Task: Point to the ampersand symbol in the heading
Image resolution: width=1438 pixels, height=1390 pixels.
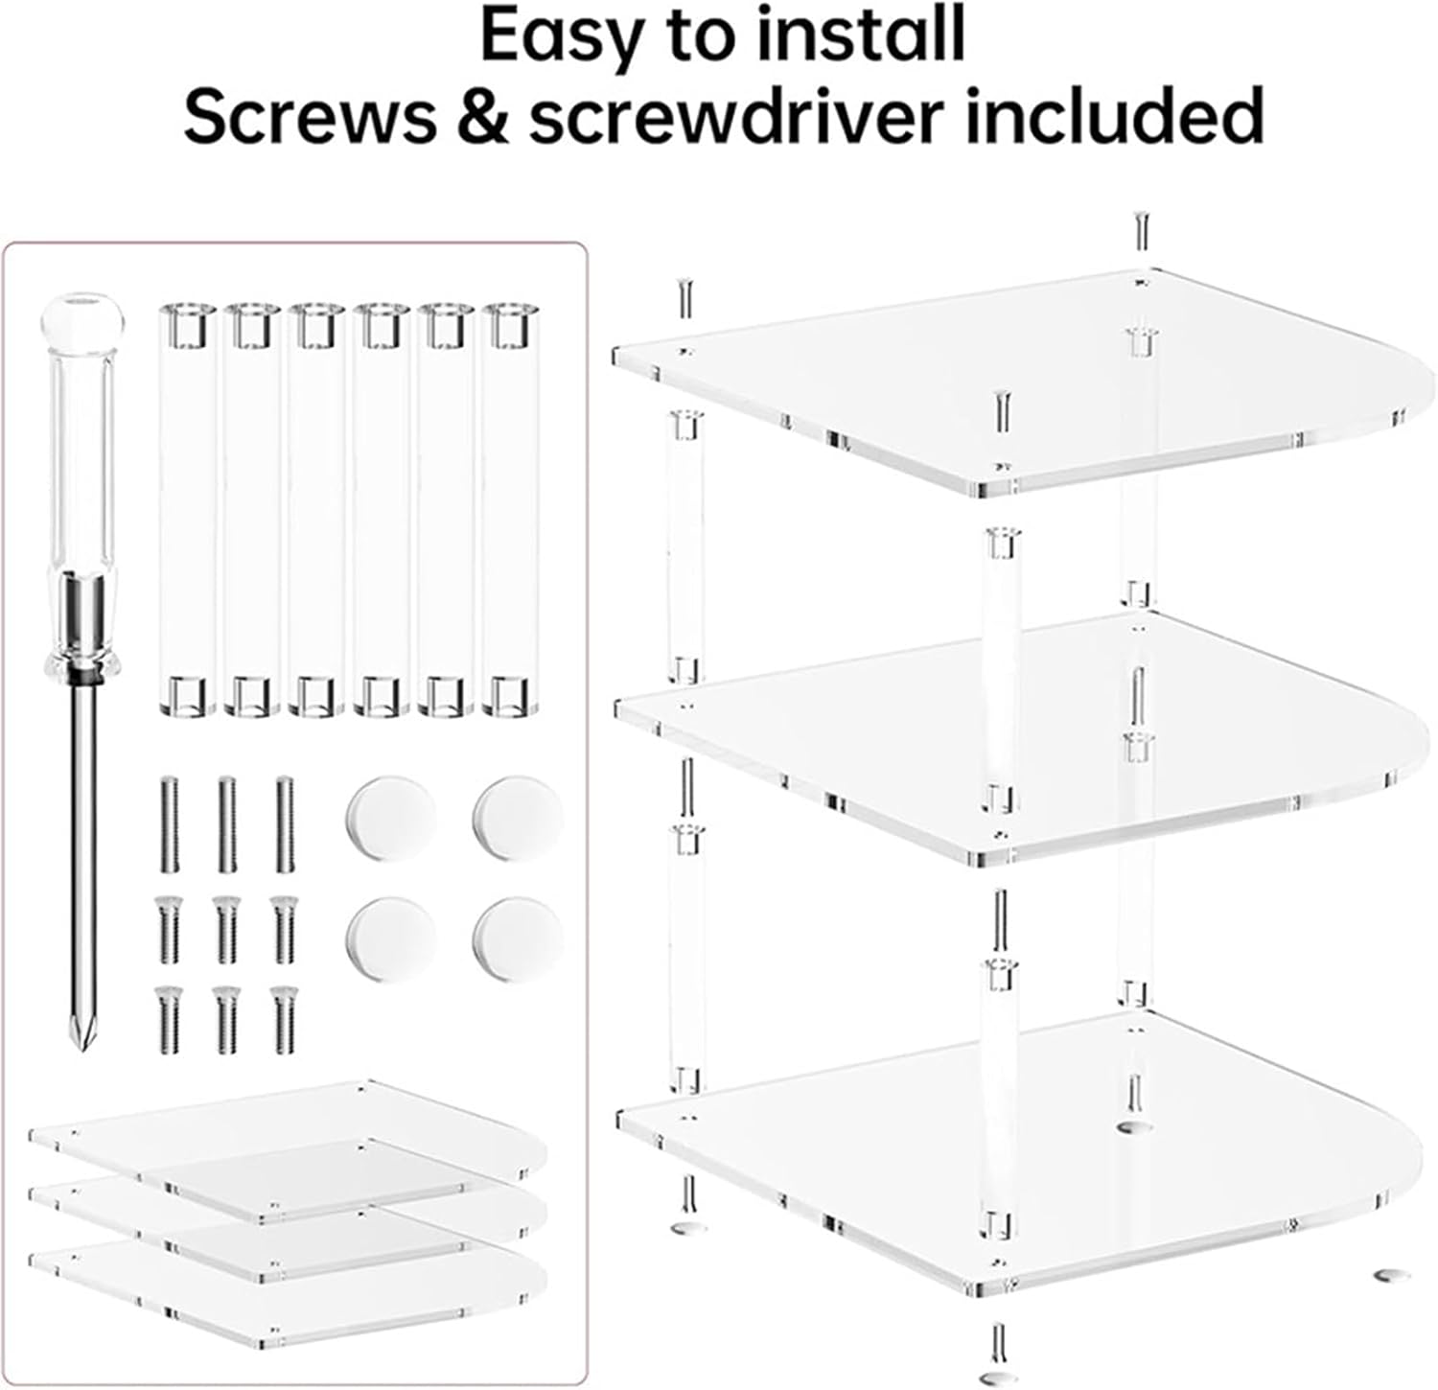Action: pos(481,115)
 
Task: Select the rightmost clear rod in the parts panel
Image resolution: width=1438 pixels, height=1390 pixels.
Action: pos(510,508)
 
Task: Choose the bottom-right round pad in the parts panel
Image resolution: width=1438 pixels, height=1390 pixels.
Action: pos(518,939)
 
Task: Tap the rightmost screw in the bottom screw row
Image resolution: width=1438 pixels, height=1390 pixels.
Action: pos(283,1021)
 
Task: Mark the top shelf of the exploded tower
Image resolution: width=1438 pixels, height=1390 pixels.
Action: pos(1007,383)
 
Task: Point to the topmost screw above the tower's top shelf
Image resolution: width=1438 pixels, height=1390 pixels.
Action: pos(1141,230)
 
